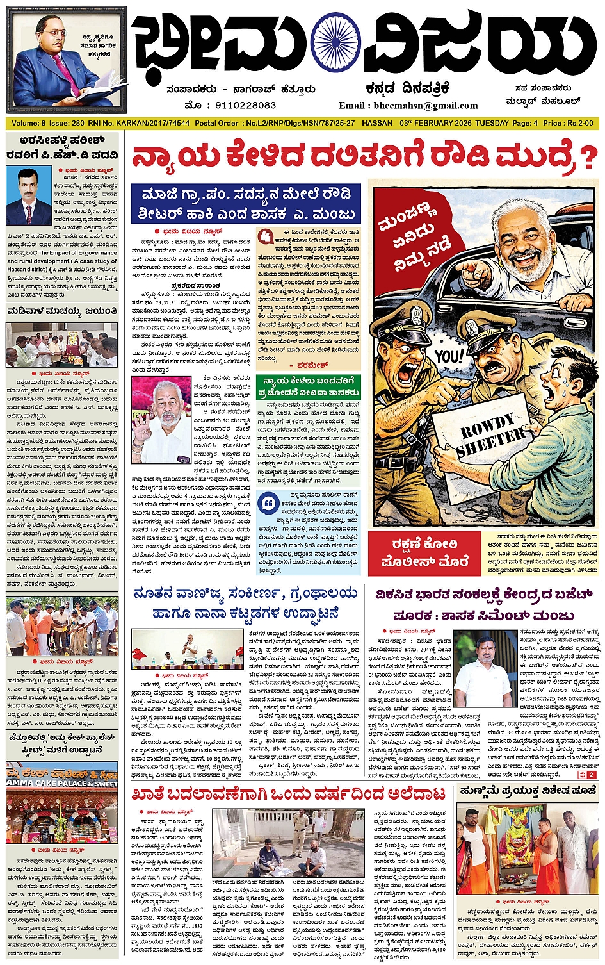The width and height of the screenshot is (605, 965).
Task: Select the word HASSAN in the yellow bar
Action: tap(377, 123)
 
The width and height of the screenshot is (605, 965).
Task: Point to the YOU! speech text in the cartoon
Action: tap(448, 356)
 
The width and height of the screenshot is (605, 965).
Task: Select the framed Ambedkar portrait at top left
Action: tap(65, 59)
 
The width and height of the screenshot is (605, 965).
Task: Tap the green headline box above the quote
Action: tap(307, 387)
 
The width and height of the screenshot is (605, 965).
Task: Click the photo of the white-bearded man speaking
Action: tap(160, 420)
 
